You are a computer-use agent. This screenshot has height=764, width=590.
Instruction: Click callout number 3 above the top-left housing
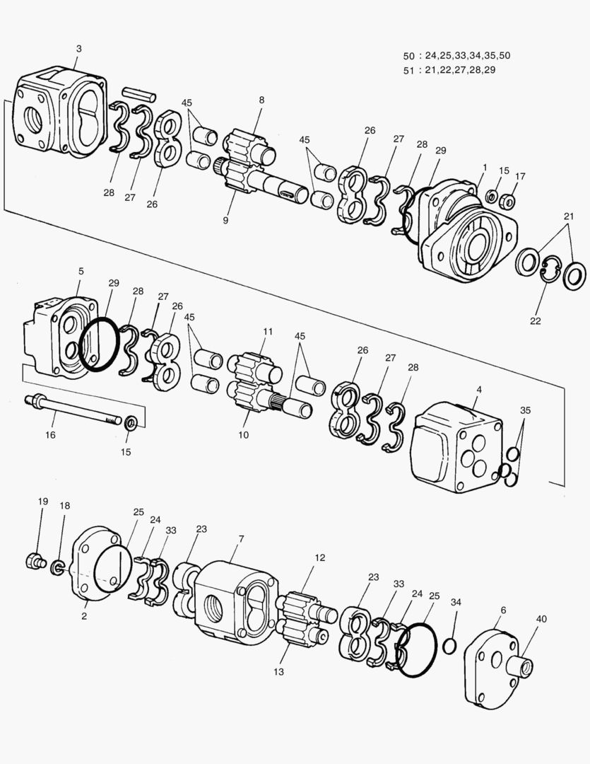[79, 49]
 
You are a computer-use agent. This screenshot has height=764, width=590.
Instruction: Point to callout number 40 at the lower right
[541, 619]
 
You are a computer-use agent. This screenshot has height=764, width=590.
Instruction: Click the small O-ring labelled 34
[450, 646]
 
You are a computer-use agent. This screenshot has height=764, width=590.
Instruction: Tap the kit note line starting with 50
[456, 56]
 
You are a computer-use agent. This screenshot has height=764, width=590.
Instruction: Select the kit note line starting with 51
[449, 69]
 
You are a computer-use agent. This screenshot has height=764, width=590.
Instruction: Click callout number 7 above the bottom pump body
[241, 539]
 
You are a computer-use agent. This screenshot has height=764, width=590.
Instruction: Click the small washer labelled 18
[58, 567]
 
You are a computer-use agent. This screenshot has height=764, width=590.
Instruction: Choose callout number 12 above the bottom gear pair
[320, 557]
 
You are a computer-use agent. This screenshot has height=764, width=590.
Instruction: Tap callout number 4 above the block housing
[479, 390]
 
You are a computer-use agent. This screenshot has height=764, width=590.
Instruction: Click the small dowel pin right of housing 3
[138, 95]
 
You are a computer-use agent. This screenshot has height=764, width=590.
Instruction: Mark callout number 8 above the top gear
[262, 100]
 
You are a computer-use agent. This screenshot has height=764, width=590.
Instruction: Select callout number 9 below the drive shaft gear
[225, 220]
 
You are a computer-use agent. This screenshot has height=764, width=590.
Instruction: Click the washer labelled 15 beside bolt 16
[131, 423]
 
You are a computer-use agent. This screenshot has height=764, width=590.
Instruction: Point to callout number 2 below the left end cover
[84, 616]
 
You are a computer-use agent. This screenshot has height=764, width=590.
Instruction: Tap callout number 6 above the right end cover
[503, 610]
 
